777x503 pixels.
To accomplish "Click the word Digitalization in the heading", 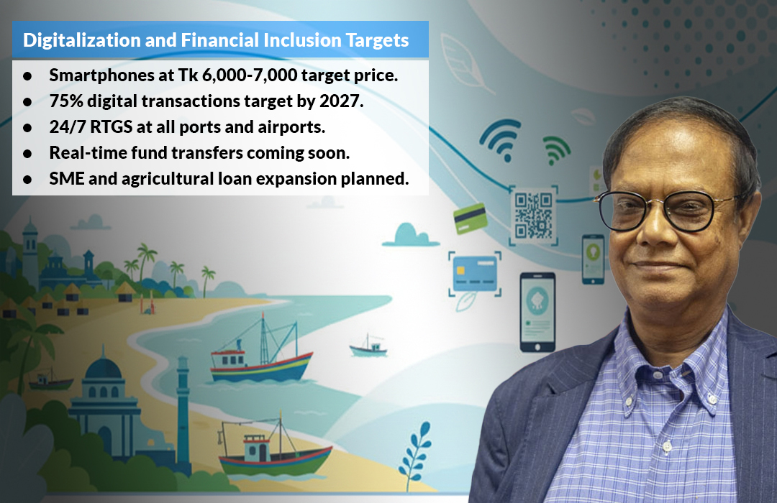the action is (82, 40).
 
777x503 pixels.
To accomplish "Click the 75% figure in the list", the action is (66, 101).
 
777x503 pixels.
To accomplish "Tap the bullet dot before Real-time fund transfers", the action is (27, 154).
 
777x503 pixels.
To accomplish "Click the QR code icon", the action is (533, 216).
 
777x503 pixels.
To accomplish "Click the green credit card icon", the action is (471, 218).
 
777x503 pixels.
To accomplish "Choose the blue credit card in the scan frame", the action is (475, 273).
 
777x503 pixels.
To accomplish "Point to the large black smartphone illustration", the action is (537, 312).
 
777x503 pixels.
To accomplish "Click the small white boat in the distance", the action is (368, 346).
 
